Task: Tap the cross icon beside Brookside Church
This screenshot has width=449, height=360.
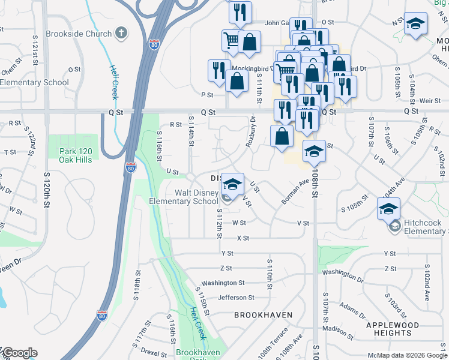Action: click(x=121, y=32)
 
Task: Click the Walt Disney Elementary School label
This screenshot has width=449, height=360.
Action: click(x=196, y=197)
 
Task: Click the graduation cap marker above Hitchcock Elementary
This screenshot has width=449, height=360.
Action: click(x=388, y=209)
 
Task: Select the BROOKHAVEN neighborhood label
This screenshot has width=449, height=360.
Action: click(x=263, y=315)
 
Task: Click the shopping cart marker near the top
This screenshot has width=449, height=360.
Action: click(x=231, y=41)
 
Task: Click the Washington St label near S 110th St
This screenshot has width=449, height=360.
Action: click(x=223, y=283)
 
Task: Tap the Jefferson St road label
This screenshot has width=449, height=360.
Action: click(x=236, y=298)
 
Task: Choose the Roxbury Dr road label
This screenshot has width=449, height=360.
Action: click(x=250, y=131)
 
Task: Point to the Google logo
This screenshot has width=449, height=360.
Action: click(x=19, y=353)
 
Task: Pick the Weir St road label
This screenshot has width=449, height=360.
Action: click(x=426, y=101)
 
